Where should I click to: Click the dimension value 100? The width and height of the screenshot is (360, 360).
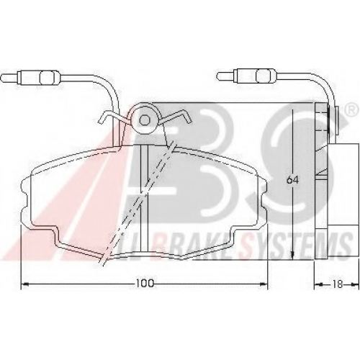tap(145, 284)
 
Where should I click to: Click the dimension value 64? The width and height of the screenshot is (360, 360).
tap(292, 180)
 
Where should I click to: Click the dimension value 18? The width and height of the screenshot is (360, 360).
tap(338, 284)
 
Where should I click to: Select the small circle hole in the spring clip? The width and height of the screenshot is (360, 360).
tap(145, 120)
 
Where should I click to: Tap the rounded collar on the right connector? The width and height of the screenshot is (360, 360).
tap(264, 76)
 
